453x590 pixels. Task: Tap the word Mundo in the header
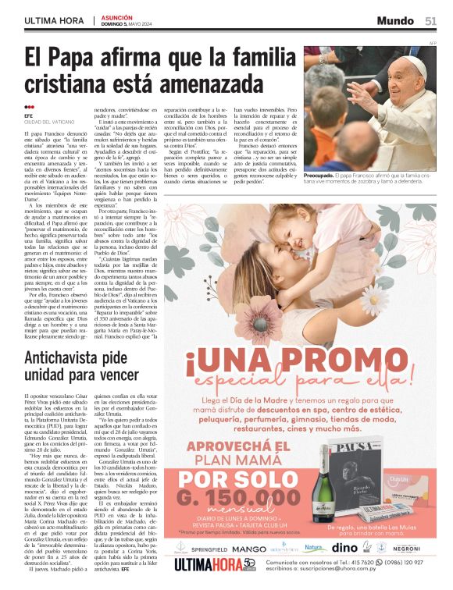[x=395, y=21]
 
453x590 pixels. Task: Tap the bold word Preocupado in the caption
[x=323, y=176]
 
